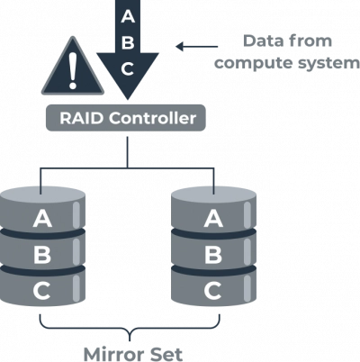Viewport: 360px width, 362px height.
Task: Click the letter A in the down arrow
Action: (129, 15)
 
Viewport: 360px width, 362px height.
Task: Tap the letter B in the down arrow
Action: (129, 41)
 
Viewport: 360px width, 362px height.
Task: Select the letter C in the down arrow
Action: (129, 68)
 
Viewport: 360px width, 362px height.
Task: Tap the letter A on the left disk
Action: (42, 218)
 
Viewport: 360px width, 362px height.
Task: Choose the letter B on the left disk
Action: (42, 254)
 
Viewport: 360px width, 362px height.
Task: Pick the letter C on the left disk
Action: (42, 290)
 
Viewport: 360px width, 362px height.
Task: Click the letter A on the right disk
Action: (213, 218)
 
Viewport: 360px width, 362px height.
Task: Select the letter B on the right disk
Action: (213, 254)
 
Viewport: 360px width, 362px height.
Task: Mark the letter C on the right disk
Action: (213, 290)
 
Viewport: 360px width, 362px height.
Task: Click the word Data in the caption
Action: (261, 41)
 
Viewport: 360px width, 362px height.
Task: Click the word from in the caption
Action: (308, 41)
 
